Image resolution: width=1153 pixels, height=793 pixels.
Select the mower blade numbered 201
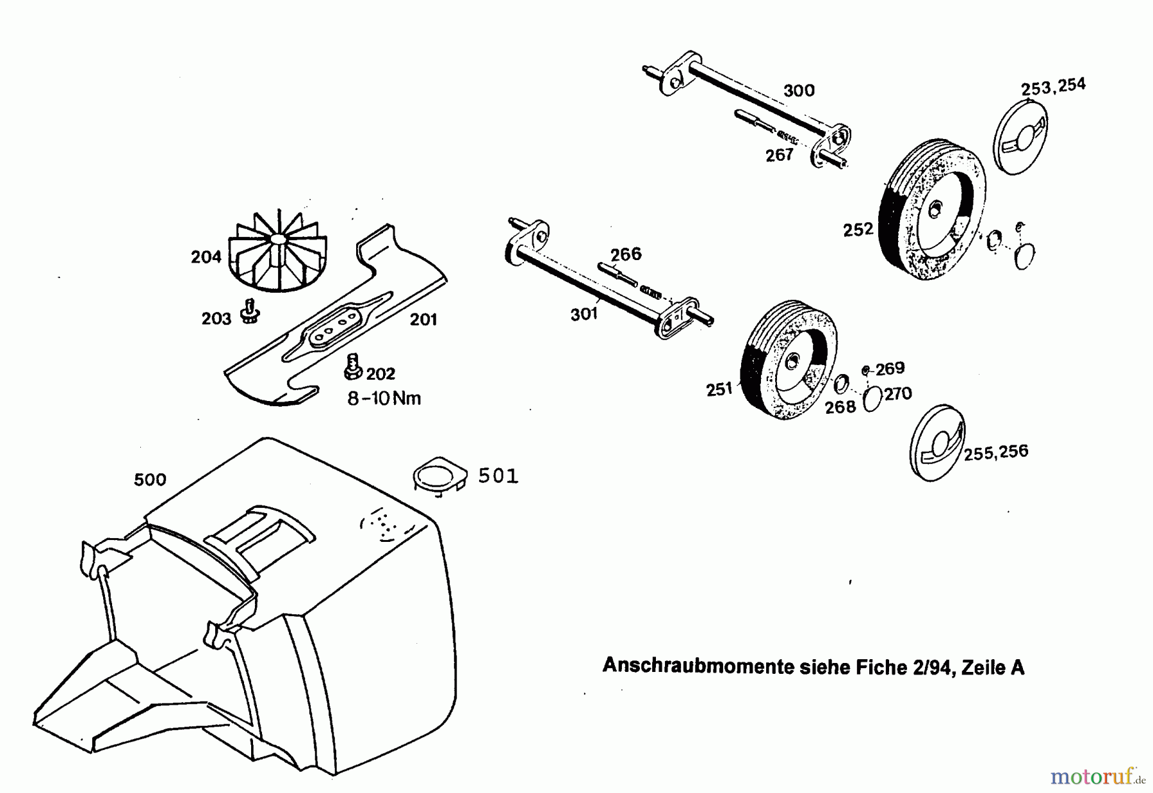coord(333,320)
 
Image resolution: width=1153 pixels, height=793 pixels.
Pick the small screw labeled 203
coord(249,311)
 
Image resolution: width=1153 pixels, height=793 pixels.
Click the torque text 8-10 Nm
coord(384,398)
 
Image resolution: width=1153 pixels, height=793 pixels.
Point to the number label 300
coord(799,91)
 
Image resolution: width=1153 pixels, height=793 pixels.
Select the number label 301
coord(584,314)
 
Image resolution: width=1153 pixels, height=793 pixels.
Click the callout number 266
coord(625,254)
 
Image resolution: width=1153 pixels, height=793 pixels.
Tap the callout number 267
coord(779,155)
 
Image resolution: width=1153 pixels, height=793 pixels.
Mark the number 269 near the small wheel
coord(890,368)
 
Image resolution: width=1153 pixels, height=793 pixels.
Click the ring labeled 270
coord(872,400)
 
